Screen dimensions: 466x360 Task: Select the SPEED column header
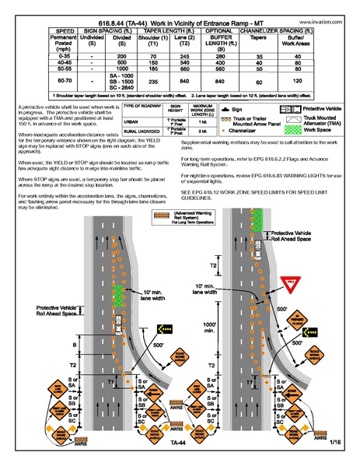(x=35, y=33)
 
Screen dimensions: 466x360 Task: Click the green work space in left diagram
(x=118, y=296)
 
